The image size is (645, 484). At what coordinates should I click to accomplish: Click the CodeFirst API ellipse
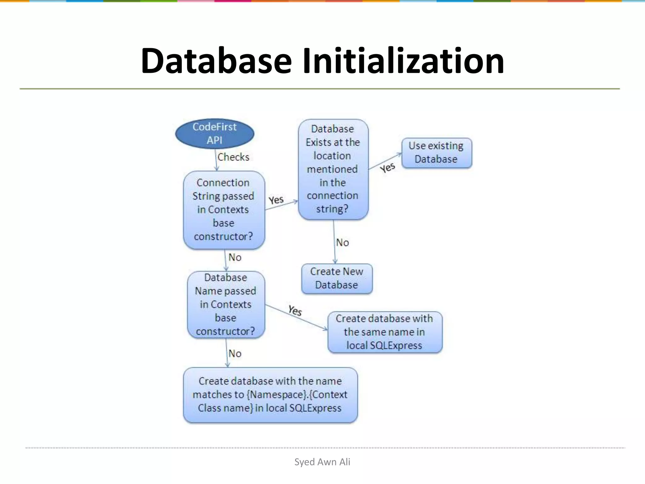tap(214, 134)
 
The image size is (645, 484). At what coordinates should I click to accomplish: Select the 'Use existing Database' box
tap(437, 153)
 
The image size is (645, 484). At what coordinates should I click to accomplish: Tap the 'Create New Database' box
tap(337, 279)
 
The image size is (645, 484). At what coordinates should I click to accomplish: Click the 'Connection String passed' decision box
tap(224, 210)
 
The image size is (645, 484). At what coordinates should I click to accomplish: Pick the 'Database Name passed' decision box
tap(226, 305)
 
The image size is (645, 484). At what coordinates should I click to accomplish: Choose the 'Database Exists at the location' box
tap(333, 169)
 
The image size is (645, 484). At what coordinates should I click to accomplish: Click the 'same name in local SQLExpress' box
tap(385, 332)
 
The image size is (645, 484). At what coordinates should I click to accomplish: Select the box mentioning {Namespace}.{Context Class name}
tap(270, 395)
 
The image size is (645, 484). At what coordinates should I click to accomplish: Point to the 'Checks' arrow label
tap(233, 157)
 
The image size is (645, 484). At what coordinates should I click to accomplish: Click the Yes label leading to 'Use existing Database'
tap(387, 167)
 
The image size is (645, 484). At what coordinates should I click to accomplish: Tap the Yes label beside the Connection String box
tap(276, 200)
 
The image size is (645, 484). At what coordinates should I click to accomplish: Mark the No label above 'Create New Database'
tap(342, 242)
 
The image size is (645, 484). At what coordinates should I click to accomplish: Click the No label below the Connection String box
tap(235, 257)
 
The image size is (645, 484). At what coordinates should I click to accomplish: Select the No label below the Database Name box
tap(235, 354)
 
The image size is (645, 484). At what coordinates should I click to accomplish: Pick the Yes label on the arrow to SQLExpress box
tap(295, 310)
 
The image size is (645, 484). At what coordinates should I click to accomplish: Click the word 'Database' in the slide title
tap(216, 60)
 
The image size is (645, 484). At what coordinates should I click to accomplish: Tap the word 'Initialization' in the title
tap(403, 60)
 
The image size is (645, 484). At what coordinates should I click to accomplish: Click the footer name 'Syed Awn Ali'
tap(322, 462)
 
